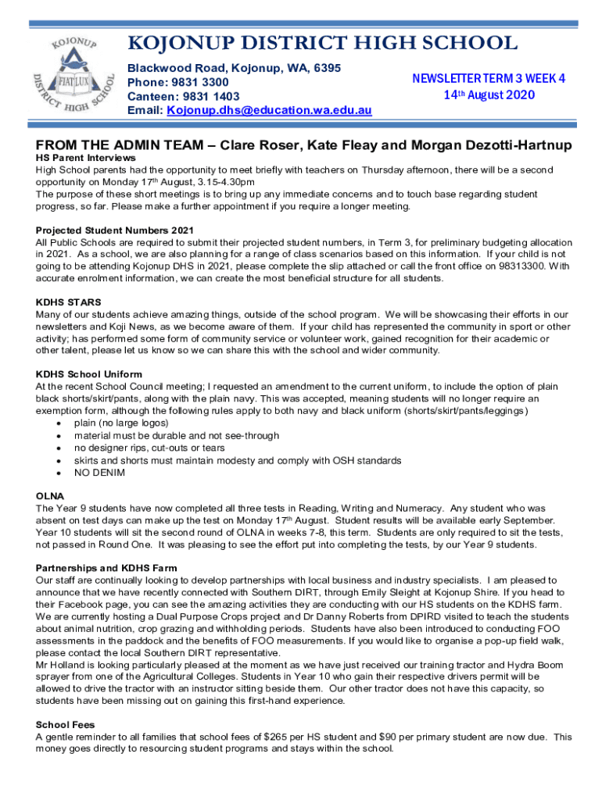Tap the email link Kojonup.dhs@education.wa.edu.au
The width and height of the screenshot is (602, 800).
(269, 111)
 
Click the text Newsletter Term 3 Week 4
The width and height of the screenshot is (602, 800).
(489, 78)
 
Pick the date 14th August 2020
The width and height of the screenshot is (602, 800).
(489, 95)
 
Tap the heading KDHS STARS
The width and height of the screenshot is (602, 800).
(69, 302)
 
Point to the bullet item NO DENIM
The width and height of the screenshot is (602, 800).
(96, 473)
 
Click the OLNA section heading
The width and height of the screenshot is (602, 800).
(50, 496)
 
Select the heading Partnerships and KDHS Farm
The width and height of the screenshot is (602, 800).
(106, 568)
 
